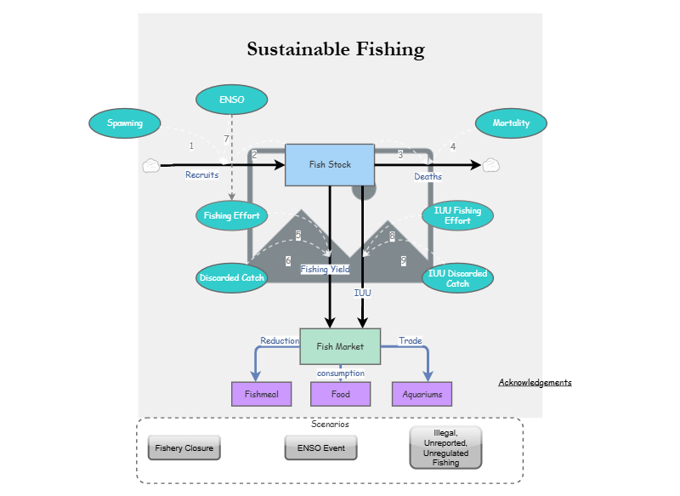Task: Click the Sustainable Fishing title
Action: pyautogui.click(x=336, y=49)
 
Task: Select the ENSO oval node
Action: pyautogui.click(x=231, y=100)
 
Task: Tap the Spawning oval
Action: pyautogui.click(x=125, y=123)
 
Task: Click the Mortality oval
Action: pyautogui.click(x=511, y=123)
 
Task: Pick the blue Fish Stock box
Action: pyautogui.click(x=330, y=164)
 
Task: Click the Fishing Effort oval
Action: pyautogui.click(x=231, y=216)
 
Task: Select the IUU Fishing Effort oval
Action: pyautogui.click(x=457, y=216)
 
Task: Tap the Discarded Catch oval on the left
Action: pyautogui.click(x=231, y=278)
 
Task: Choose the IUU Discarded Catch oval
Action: pyautogui.click(x=457, y=278)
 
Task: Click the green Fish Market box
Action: pyautogui.click(x=340, y=346)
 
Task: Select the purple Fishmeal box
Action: pyautogui.click(x=261, y=394)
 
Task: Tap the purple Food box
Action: pyautogui.click(x=340, y=394)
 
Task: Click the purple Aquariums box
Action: pyautogui.click(x=422, y=394)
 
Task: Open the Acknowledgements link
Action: pyautogui.click(x=535, y=383)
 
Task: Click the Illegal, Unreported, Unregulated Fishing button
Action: pyautogui.click(x=445, y=448)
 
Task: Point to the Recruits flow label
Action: pyautogui.click(x=202, y=175)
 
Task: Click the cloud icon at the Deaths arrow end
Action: pyautogui.click(x=490, y=165)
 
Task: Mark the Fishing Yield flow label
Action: pyautogui.click(x=325, y=270)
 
